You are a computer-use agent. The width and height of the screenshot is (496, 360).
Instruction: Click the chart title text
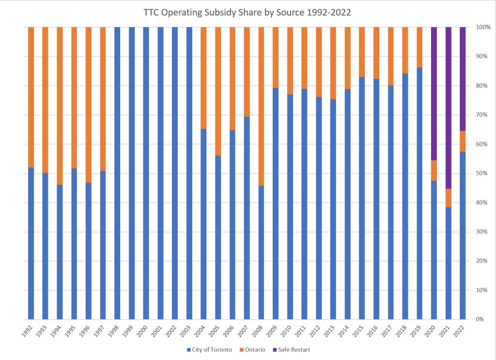(247, 13)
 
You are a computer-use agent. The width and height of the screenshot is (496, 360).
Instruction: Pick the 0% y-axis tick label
(479, 320)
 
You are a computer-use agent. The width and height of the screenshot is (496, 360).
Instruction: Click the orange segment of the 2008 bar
(262, 106)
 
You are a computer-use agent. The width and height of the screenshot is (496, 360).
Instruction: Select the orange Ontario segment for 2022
(463, 141)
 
